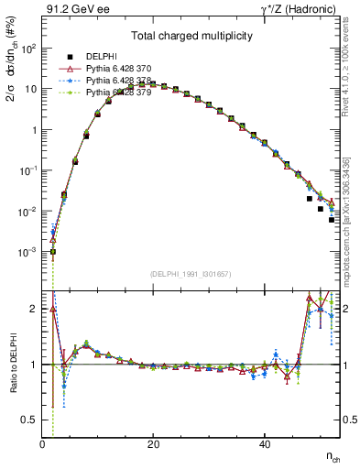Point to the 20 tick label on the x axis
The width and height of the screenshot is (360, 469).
click(153, 445)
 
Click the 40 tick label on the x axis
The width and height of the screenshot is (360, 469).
click(265, 445)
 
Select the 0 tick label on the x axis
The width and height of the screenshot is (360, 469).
click(42, 445)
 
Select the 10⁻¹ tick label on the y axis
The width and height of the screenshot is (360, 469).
click(27, 170)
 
